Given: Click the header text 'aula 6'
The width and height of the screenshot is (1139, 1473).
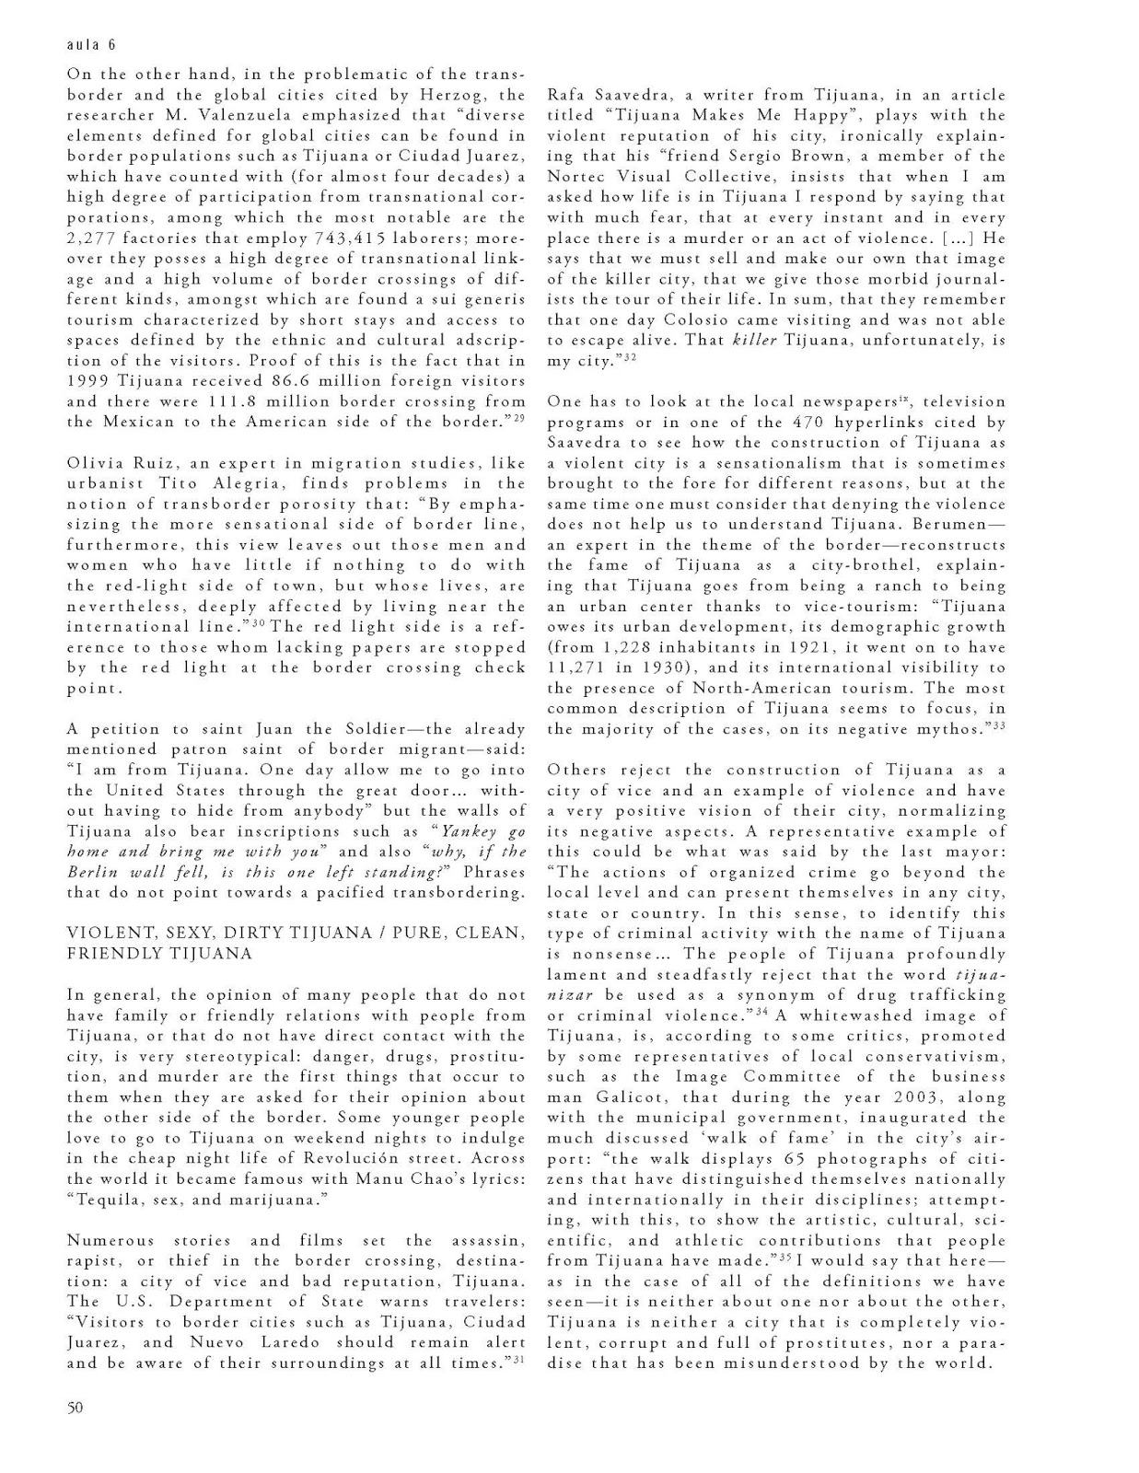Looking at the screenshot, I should coord(91,44).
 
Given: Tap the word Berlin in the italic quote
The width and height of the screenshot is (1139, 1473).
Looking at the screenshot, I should coord(96,872).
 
